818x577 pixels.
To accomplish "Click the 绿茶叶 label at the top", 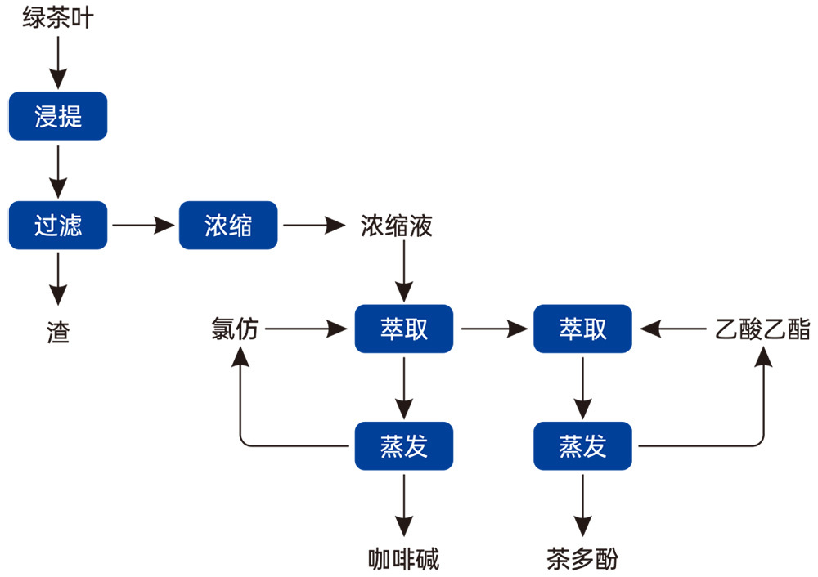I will pyautogui.click(x=57, y=17).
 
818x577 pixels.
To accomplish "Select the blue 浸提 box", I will pyautogui.click(x=58, y=116).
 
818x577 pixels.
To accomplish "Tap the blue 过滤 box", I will pyautogui.click(x=58, y=225).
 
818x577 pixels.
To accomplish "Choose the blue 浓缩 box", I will pyautogui.click(x=228, y=225).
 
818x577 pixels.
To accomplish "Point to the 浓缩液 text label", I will pyautogui.click(x=397, y=226).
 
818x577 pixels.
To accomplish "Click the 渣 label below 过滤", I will pyautogui.click(x=58, y=332).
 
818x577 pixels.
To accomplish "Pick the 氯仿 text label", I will pyautogui.click(x=235, y=329).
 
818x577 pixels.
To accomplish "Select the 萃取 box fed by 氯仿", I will pyautogui.click(x=403, y=329).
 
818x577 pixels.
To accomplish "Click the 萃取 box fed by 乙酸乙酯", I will pyautogui.click(x=582, y=329).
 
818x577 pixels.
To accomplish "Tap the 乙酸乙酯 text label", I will pyautogui.click(x=762, y=329).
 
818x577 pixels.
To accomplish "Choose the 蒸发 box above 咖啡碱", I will pyautogui.click(x=403, y=446).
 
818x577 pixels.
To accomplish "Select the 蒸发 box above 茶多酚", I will pyautogui.click(x=582, y=446).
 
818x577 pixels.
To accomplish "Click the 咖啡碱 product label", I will pyautogui.click(x=403, y=559).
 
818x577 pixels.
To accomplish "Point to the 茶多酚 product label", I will pyautogui.click(x=582, y=559).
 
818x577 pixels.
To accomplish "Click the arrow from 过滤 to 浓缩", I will pyautogui.click(x=142, y=225).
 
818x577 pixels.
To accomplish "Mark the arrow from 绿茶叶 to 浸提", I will pyautogui.click(x=58, y=61).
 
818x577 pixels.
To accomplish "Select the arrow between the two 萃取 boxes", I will pyautogui.click(x=492, y=329).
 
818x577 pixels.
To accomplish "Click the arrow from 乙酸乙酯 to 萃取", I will pyautogui.click(x=672, y=329).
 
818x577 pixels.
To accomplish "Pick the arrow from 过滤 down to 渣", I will pyautogui.click(x=58, y=278).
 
